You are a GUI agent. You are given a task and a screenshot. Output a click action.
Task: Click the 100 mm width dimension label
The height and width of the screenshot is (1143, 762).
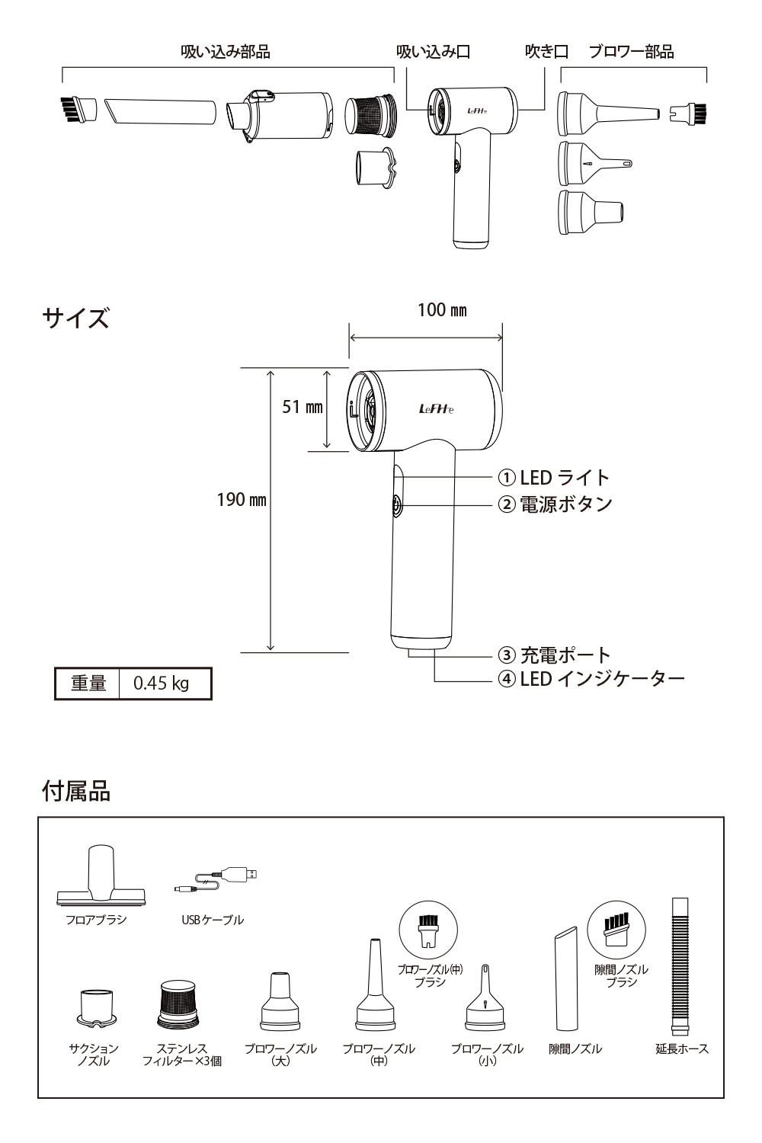tap(442, 310)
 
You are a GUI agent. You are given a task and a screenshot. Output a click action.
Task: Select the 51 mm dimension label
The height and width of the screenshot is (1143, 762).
tap(303, 407)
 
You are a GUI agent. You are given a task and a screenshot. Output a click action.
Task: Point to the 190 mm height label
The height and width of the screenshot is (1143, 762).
tap(242, 500)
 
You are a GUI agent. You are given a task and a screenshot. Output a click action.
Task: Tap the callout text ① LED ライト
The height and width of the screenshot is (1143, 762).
tap(554, 478)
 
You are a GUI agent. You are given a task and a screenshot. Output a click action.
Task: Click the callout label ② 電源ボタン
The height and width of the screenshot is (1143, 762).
tap(555, 504)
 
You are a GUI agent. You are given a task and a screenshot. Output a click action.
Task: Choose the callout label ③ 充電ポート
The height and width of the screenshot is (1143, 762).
tap(554, 655)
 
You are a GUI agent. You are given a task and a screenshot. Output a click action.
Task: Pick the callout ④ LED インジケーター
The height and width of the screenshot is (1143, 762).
tap(591, 678)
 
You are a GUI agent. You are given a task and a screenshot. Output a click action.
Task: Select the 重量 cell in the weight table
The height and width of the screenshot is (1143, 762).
tap(88, 683)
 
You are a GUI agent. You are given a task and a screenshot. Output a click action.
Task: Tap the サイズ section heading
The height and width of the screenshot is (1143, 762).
tap(75, 318)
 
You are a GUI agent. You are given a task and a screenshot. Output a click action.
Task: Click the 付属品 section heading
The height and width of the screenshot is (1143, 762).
tap(75, 791)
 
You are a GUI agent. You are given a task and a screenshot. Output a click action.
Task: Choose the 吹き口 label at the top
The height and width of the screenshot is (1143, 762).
tap(546, 52)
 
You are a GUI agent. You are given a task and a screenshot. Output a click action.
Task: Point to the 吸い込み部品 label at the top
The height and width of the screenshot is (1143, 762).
tap(226, 52)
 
